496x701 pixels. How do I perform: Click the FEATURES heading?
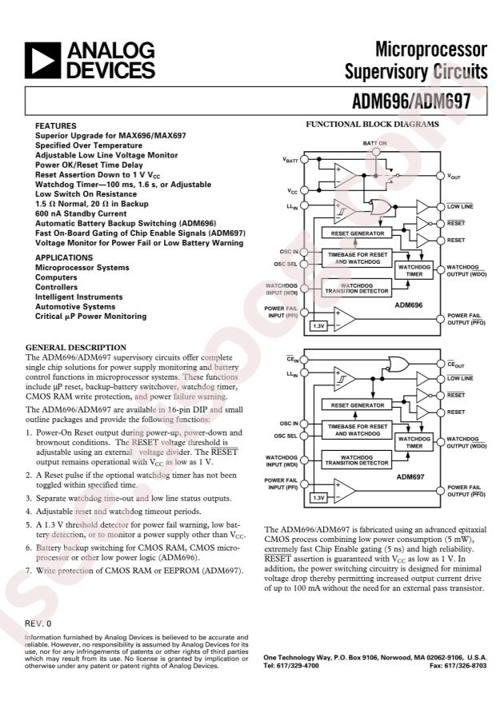tap(56, 126)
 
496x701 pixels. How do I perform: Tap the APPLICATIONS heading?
tap(66, 257)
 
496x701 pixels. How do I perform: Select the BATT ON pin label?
tap(375, 142)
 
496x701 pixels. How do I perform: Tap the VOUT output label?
tap(457, 176)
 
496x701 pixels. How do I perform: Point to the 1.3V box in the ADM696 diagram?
tap(318, 326)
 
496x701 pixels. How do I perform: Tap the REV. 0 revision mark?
tap(38, 622)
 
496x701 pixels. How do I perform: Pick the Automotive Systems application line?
tap(75, 306)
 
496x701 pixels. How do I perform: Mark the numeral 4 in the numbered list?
tap(29, 510)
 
